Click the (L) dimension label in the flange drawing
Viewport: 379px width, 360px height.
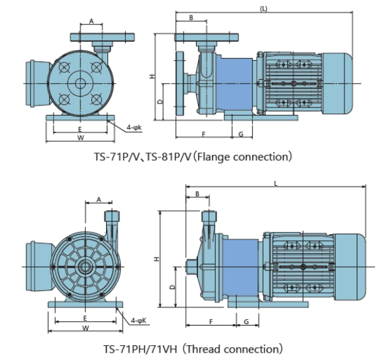(x=263, y=9)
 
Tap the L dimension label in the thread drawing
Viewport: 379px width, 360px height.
(x=276, y=184)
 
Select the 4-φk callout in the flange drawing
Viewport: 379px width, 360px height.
(x=134, y=128)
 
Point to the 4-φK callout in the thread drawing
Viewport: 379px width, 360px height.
(x=138, y=321)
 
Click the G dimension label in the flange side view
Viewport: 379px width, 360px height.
(x=241, y=134)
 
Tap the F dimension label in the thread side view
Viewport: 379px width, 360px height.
(x=211, y=322)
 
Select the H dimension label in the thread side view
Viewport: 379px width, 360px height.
(x=157, y=259)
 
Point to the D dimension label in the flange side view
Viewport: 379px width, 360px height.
(x=160, y=102)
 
